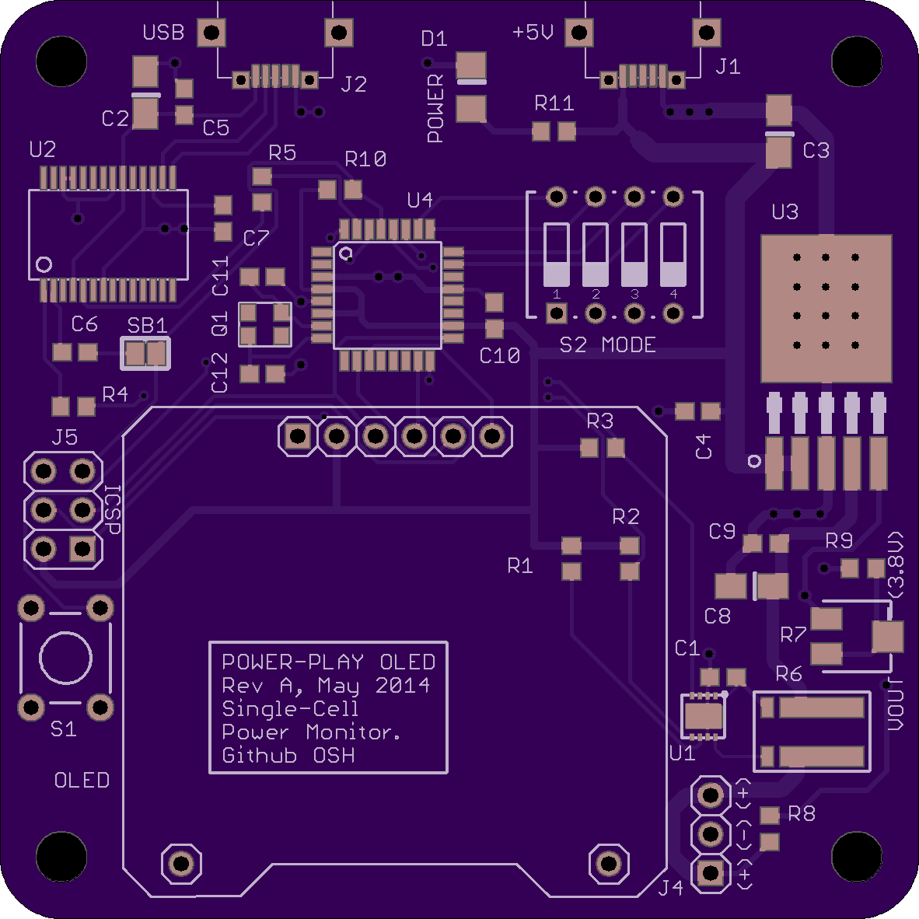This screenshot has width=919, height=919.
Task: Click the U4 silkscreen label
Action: (420, 201)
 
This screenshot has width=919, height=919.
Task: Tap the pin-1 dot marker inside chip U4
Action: (347, 253)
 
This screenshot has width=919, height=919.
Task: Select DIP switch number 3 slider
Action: (634, 255)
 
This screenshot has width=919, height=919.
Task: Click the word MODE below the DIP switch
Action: (628, 345)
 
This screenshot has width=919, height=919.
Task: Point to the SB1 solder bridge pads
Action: (145, 354)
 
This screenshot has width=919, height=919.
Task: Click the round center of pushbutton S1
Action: (65, 658)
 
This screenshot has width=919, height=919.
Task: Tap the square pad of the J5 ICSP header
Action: (82, 549)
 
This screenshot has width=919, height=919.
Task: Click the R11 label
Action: (554, 103)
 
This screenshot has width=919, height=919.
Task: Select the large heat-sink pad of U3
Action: (826, 309)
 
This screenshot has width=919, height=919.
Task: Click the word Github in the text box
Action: (259, 756)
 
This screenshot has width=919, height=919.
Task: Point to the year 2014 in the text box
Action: (402, 685)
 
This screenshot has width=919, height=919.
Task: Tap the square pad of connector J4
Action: (711, 873)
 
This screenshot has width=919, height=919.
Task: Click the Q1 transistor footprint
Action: (265, 324)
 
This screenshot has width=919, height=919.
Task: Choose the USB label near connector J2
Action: (163, 32)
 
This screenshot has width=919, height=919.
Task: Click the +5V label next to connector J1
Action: (533, 32)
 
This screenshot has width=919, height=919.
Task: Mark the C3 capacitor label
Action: (816, 151)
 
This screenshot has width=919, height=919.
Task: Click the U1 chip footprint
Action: (704, 715)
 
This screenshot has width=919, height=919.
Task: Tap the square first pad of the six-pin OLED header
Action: (298, 436)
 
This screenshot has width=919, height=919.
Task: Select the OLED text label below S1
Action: (82, 780)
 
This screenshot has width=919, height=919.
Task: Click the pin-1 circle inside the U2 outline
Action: (44, 264)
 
